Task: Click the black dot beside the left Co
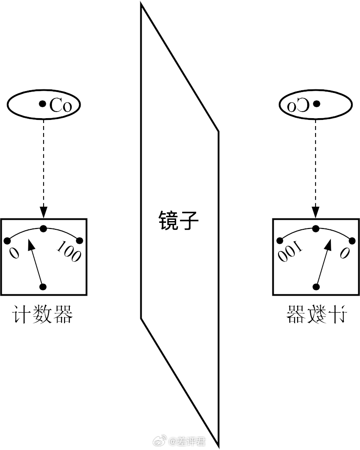coord(42,104)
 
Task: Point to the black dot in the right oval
coord(317,104)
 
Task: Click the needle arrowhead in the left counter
coord(31,244)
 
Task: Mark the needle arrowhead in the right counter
coord(328,244)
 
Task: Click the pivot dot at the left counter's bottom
coord(43,286)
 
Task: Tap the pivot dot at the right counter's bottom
coord(316,286)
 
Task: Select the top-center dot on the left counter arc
coord(43,228)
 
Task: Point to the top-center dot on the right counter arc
coord(316,228)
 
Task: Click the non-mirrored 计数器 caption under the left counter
coord(42,315)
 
